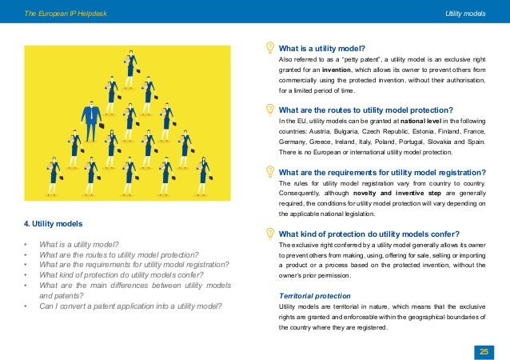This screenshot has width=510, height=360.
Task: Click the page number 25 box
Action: [x=483, y=350]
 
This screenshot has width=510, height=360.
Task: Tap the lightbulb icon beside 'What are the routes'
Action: [x=269, y=110]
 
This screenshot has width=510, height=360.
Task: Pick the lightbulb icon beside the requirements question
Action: [x=269, y=171]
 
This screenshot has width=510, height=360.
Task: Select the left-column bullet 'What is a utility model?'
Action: [x=79, y=243]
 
